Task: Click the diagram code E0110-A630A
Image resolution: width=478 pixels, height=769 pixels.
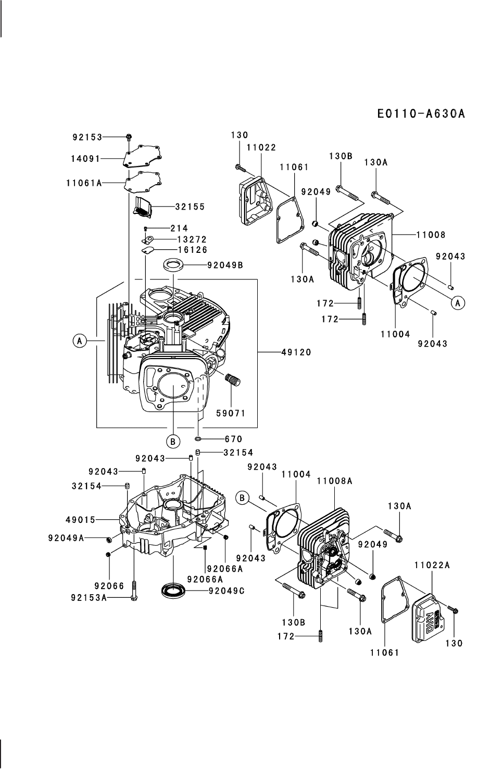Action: click(421, 113)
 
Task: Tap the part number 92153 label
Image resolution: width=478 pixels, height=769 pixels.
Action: click(87, 137)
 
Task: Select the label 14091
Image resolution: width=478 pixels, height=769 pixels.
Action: click(85, 159)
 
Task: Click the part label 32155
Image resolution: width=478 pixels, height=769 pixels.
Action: click(190, 207)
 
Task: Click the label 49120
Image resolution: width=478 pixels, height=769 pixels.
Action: click(296, 352)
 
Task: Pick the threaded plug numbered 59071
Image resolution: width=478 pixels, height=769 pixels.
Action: click(233, 381)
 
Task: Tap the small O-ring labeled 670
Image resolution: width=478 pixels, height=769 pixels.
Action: click(198, 439)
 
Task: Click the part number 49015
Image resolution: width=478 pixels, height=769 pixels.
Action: click(80, 520)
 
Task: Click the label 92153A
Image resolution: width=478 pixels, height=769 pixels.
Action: click(89, 598)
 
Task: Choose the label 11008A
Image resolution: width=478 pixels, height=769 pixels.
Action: click(335, 481)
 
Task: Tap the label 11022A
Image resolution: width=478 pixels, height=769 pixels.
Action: click(432, 565)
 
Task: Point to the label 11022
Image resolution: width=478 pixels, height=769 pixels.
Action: click(261, 147)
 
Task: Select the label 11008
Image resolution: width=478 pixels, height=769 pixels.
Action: click(431, 235)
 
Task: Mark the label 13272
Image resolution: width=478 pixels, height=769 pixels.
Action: click(192, 239)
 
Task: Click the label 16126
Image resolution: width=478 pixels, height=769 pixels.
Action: click(193, 250)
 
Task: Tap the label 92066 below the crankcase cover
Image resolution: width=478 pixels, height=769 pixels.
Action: click(109, 586)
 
